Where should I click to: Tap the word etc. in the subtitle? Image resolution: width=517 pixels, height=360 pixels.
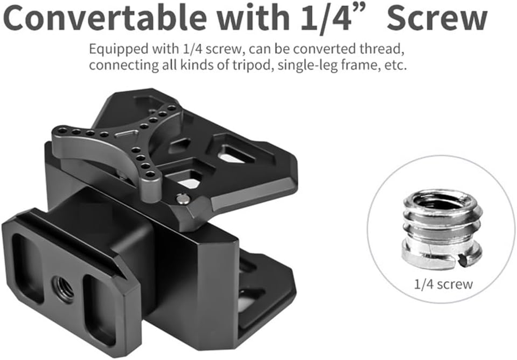(x=396, y=65)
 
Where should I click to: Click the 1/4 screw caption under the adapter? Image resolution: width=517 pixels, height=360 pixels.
(x=443, y=284)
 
